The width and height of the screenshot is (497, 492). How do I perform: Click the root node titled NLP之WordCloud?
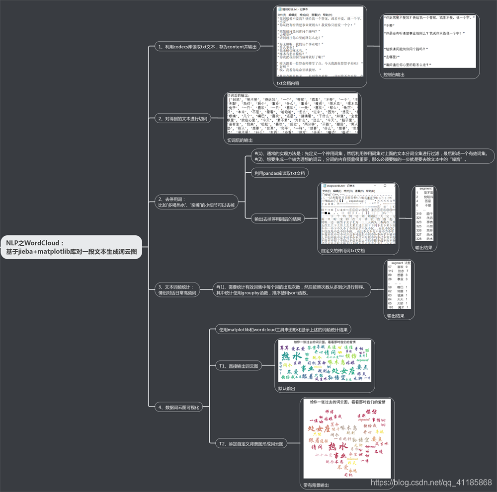click(x=72, y=247)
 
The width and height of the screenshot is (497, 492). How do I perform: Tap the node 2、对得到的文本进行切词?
click(x=183, y=119)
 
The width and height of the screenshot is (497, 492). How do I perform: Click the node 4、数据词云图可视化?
click(x=178, y=407)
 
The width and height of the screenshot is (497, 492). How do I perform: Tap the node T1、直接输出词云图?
click(x=239, y=366)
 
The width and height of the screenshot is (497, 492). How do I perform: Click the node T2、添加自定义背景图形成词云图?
click(x=251, y=443)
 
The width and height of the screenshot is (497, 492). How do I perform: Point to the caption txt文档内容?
click(x=288, y=83)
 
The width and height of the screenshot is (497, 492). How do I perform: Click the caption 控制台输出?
click(x=394, y=74)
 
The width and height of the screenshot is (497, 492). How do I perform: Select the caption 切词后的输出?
click(x=240, y=140)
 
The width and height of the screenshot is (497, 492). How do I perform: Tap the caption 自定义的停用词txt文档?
click(x=343, y=251)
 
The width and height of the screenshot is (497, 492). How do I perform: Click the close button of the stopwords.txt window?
click(x=393, y=185)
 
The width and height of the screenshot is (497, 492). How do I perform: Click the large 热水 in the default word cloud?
click(x=291, y=356)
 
